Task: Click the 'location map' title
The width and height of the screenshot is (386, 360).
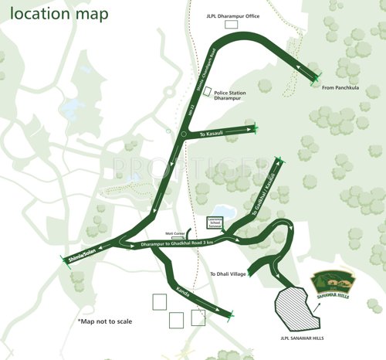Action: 59,15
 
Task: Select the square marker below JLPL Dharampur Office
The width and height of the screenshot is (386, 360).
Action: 230,25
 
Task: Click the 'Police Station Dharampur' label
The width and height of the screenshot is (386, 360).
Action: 230,96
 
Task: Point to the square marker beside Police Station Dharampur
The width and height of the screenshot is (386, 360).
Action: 206,90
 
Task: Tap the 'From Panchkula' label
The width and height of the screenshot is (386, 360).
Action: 341,87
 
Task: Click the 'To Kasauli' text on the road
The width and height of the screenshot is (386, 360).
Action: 212,134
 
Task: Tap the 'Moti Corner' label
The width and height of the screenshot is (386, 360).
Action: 174,232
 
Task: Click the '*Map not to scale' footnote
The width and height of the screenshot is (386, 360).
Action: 108,321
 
